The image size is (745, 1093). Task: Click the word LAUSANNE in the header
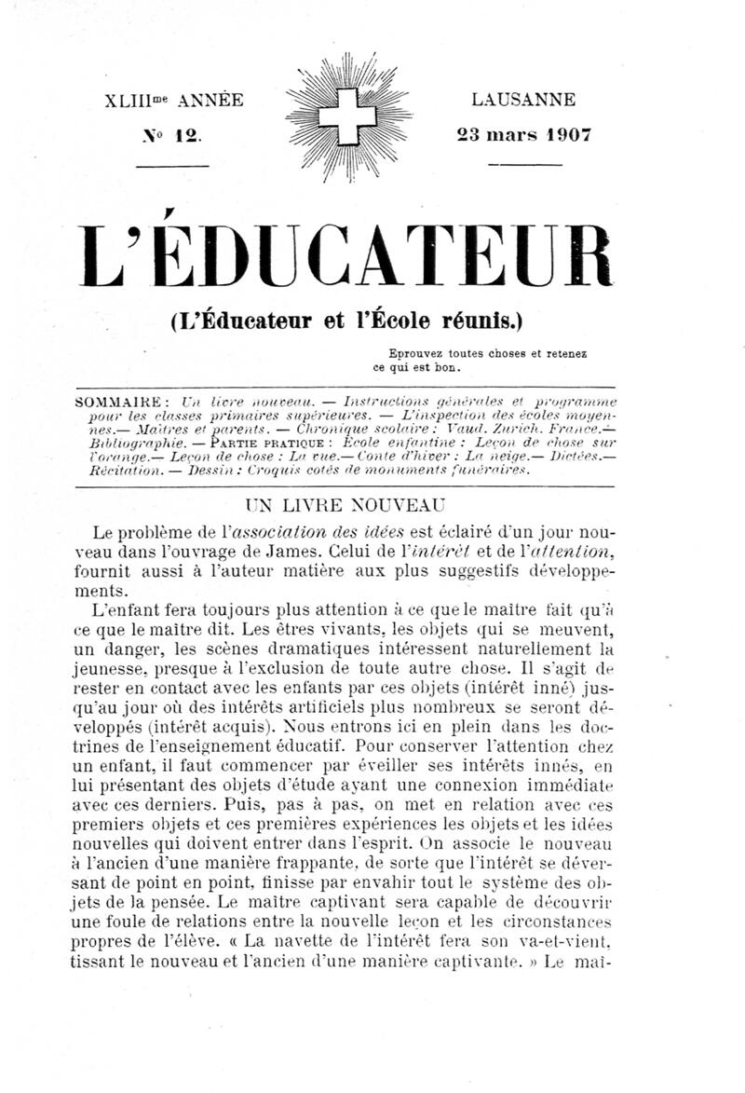point(522,99)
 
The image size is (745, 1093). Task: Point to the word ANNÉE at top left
point(210,100)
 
